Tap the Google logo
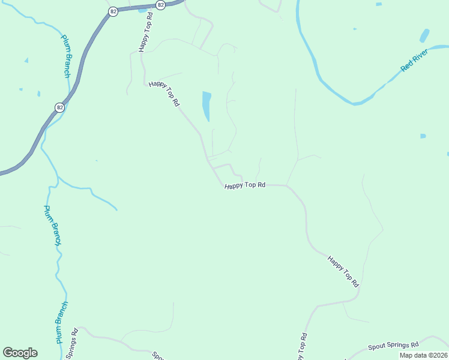point(20,353)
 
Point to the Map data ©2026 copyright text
point(423,355)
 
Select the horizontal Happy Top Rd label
point(245,185)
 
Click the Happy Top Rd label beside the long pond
point(164,94)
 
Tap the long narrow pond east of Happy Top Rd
point(206,106)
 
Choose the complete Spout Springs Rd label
point(393,346)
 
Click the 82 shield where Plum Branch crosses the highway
point(59,107)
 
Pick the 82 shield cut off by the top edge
point(160,4)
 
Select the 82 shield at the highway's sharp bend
point(112,12)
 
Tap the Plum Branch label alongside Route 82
point(67,56)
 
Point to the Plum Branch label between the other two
point(53,225)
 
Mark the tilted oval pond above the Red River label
point(424,35)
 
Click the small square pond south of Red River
point(423,136)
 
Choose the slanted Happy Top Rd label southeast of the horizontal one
point(343,270)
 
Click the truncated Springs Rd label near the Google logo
point(71,344)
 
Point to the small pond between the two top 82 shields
point(142,10)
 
